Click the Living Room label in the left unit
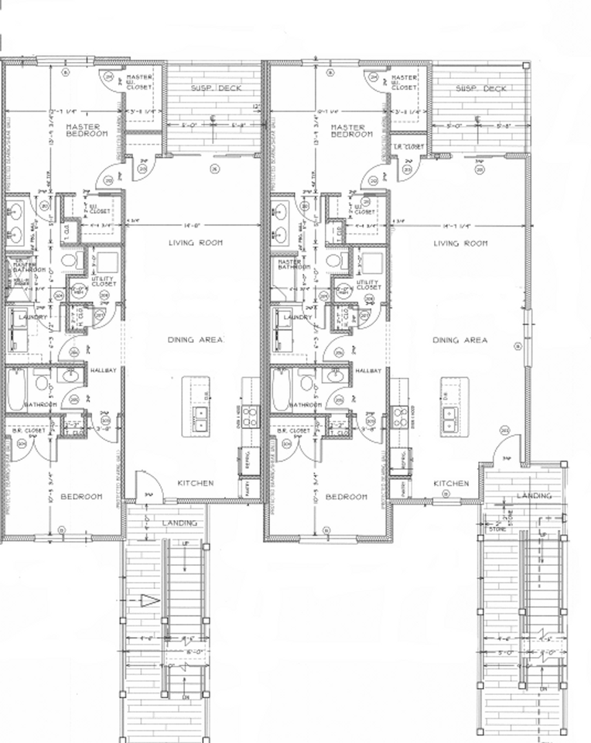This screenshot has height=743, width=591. [196, 243]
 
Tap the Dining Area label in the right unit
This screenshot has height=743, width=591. [459, 340]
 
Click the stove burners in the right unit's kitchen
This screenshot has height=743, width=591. [400, 417]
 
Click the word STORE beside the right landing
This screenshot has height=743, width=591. [496, 530]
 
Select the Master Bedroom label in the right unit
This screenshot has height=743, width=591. [352, 130]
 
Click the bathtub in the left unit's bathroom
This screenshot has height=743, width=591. [15, 386]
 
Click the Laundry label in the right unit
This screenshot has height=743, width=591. [297, 317]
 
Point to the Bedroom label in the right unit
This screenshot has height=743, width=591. [346, 496]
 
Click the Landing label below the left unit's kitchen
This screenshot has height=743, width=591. [179, 523]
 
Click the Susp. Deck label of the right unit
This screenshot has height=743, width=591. [481, 88]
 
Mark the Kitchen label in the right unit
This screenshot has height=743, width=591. [450, 483]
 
